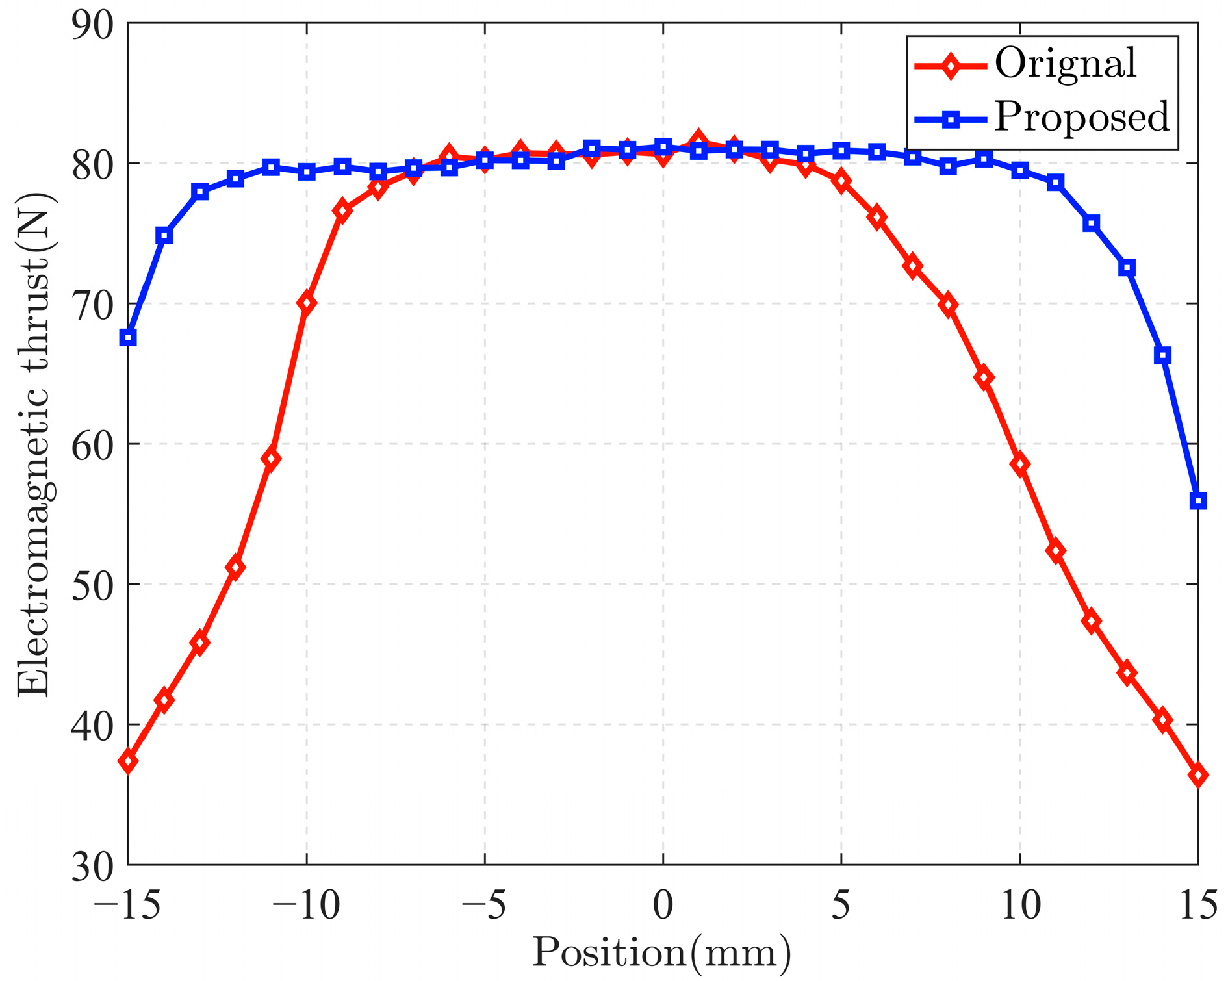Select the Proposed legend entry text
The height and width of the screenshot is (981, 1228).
click(x=1082, y=118)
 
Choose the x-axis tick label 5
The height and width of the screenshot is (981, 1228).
click(x=841, y=904)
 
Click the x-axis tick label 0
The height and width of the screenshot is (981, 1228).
click(x=663, y=904)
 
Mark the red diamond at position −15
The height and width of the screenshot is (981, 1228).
click(x=129, y=761)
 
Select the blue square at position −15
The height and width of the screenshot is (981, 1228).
click(x=129, y=337)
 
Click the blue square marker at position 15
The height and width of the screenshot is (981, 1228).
click(x=1197, y=500)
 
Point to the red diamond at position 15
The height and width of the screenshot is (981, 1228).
click(x=1197, y=775)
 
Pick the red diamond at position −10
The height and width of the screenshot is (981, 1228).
click(x=307, y=303)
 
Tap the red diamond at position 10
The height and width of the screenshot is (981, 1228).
click(x=1019, y=465)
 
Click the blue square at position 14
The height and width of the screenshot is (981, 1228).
click(x=1162, y=355)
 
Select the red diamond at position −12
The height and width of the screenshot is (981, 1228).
click(x=236, y=567)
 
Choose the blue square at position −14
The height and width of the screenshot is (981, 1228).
click(x=164, y=235)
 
